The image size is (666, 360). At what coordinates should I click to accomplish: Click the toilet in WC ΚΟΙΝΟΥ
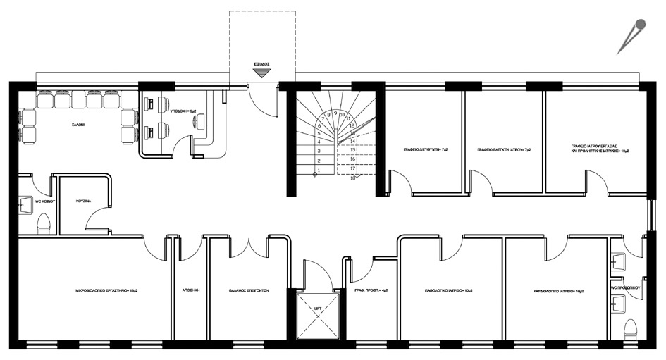click(43, 224)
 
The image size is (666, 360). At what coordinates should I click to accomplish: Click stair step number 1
click(319, 170)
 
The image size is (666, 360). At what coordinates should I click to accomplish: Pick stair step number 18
click(351, 178)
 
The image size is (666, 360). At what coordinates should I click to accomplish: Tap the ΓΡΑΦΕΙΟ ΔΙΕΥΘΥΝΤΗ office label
click(421, 150)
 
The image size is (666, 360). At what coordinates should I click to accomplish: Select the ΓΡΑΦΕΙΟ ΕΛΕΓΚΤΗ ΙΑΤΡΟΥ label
click(503, 150)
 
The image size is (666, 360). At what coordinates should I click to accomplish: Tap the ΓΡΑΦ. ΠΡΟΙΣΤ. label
click(366, 290)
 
